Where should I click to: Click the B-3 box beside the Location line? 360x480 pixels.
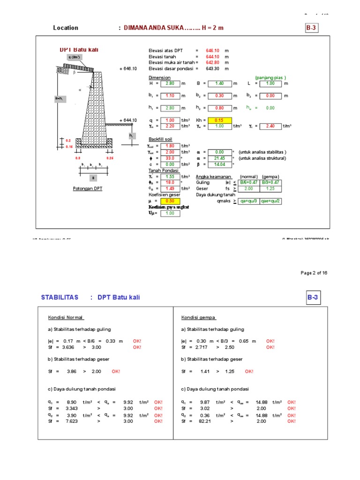[x=312, y=28]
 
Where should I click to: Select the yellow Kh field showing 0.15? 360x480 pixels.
[x=219, y=120]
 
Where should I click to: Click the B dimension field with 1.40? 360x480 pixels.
[x=220, y=83]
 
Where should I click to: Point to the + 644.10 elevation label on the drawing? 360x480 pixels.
[x=128, y=120]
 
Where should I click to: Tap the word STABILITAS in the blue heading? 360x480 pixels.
[x=59, y=298]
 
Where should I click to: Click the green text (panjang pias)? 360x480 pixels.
[x=270, y=78]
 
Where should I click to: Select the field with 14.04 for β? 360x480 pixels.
[x=219, y=165]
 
